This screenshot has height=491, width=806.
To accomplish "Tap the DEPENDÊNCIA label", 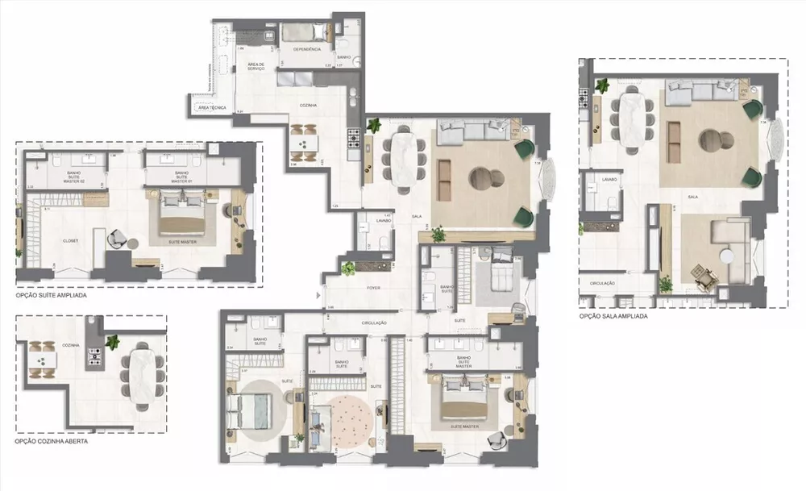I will (307, 49).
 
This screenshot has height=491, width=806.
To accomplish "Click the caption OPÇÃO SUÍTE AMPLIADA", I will (51, 296).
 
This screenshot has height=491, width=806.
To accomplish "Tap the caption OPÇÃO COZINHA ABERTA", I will (50, 442).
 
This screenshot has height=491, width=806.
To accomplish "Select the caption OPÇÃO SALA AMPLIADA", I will (613, 317).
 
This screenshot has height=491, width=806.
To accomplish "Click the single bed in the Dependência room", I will (307, 33).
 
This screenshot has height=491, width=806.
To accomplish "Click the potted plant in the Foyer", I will (348, 269).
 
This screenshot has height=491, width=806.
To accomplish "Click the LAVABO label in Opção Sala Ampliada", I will (609, 180).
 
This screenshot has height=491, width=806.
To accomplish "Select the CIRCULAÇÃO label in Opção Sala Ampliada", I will (603, 284).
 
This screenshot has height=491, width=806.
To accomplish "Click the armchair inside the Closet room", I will (117, 238).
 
